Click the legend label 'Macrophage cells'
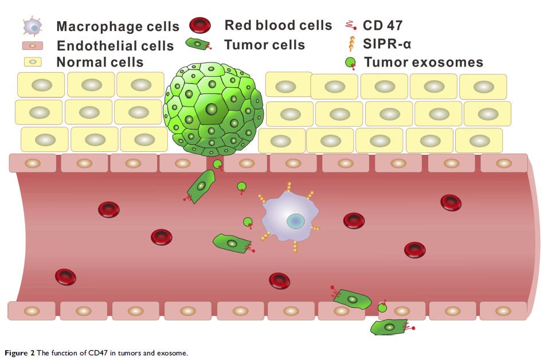(x=118, y=27)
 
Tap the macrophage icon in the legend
(x=34, y=26)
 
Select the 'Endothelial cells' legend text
(x=115, y=45)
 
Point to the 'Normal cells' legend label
(x=100, y=62)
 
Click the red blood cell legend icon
(x=200, y=25)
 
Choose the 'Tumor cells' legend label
(x=264, y=45)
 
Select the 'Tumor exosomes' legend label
(x=423, y=62)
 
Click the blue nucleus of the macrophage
(x=296, y=221)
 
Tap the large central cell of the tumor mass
(x=212, y=108)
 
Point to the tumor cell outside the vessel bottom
(x=390, y=327)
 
